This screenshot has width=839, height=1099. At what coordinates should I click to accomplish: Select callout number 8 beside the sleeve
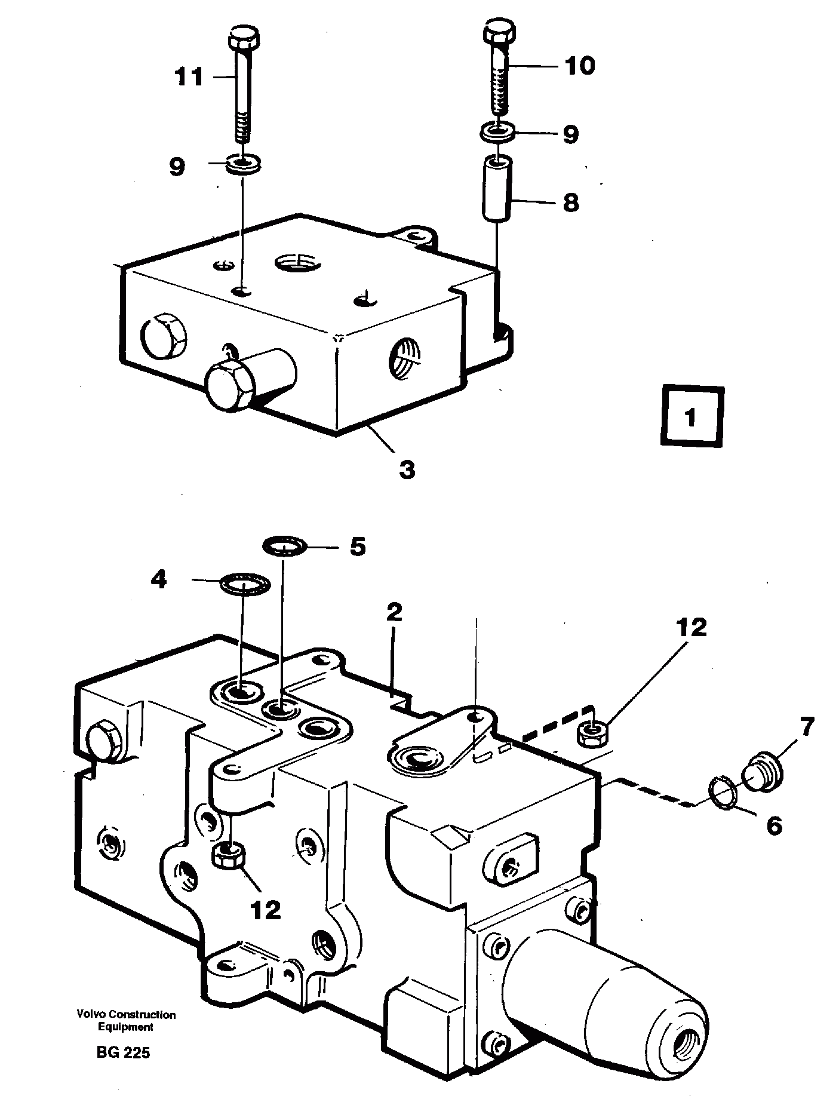pos(570,202)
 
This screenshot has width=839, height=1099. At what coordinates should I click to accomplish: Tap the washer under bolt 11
pos(243,162)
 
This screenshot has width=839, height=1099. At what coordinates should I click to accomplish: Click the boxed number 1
pos(692,417)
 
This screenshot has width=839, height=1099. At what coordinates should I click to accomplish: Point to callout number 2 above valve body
pos(394,613)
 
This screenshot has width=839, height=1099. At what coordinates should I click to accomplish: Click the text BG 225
pos(123,1052)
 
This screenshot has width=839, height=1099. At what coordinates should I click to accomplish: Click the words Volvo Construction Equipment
pos(125,1021)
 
